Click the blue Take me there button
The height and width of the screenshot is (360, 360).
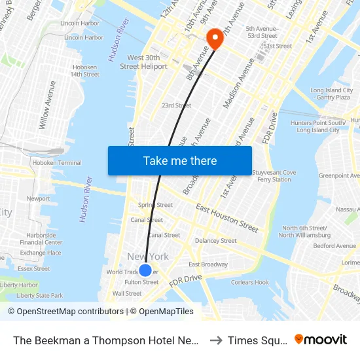point(180,160)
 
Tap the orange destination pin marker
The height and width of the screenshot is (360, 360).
point(214,39)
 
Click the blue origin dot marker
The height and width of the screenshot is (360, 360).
point(145,270)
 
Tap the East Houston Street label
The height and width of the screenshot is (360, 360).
point(226,218)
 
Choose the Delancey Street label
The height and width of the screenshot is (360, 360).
point(215,241)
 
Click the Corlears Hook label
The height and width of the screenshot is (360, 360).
point(249,283)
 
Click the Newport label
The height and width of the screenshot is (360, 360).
point(38,198)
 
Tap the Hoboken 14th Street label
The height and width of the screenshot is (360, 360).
point(84,71)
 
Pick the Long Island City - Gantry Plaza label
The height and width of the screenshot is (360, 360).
point(330,94)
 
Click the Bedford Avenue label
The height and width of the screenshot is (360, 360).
point(334,246)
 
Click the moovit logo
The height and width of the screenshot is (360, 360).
point(321,340)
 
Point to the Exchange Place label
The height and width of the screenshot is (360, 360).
point(40,253)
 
